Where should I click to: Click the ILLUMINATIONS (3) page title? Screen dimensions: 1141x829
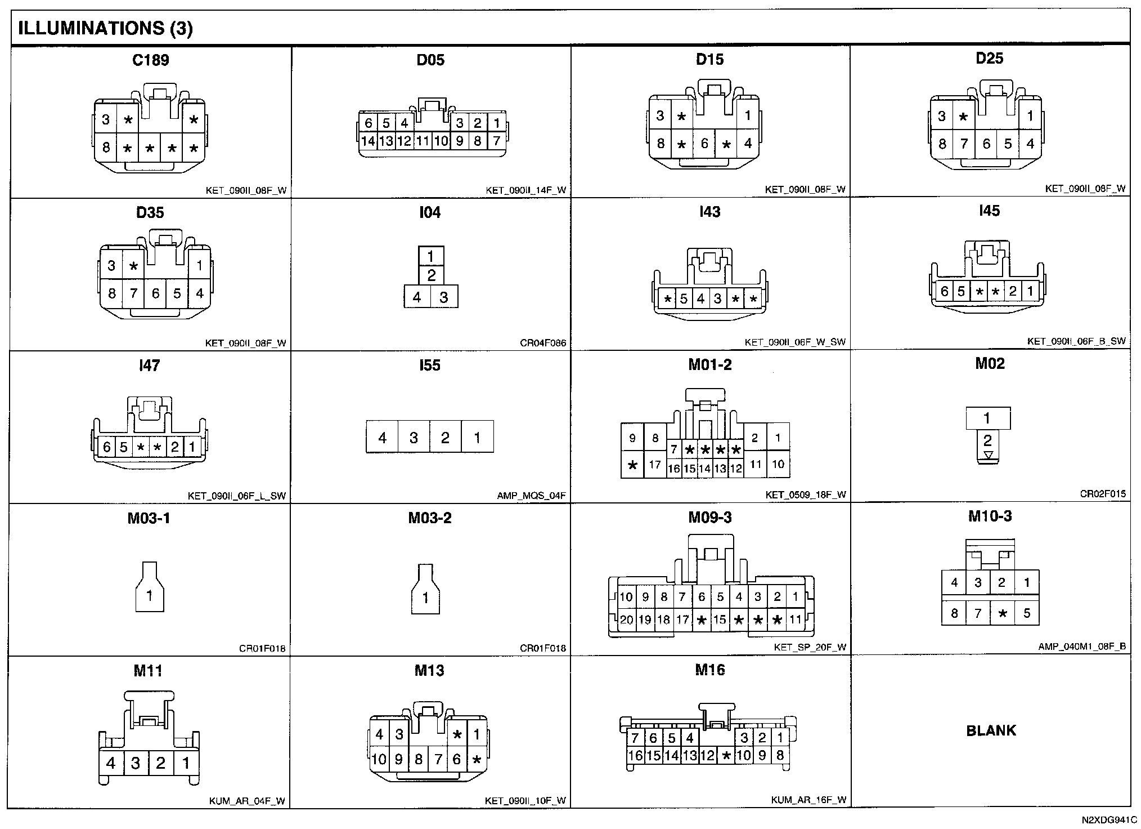coord(106,29)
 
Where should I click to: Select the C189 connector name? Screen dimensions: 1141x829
coord(150,60)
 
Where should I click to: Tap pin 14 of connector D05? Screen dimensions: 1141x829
coord(368,141)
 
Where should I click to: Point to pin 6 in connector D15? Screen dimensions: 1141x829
coord(704,144)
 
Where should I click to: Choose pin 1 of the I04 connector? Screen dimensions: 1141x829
coord(430,257)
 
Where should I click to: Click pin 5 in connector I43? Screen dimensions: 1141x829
coord(684,299)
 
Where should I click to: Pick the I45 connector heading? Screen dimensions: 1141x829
coord(989,211)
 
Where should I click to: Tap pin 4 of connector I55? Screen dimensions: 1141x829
coord(382,437)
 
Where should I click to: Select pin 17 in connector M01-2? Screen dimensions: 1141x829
coord(654,465)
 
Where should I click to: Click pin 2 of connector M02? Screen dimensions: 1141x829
coord(987,440)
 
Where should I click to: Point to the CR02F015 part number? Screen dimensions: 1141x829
coord(1103,494)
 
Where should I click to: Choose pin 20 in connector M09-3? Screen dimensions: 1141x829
coord(626,620)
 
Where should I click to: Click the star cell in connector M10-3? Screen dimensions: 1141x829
coord(1003,613)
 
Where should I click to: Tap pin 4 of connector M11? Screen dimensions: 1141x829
coord(111,763)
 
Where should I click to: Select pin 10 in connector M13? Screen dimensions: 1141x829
coord(379,759)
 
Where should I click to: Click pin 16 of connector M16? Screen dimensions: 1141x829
coord(635,756)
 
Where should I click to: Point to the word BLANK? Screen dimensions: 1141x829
coord(991,731)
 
